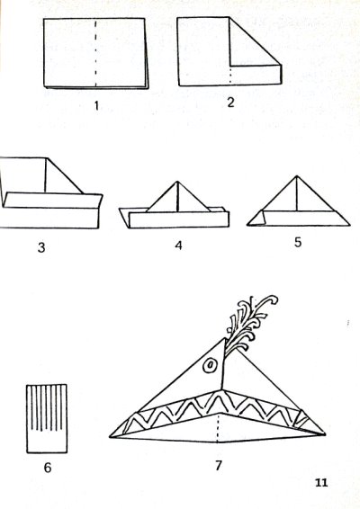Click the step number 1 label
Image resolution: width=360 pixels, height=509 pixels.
click(95, 106)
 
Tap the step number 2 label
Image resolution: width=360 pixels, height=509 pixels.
click(230, 103)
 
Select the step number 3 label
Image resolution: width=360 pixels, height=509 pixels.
click(41, 247)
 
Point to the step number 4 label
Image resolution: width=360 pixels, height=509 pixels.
click(178, 246)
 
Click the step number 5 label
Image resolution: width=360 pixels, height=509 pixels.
click(298, 242)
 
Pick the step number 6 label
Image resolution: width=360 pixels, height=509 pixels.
click(48, 468)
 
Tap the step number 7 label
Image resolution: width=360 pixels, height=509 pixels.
click(219, 466)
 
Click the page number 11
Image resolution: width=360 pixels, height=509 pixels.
click(321, 483)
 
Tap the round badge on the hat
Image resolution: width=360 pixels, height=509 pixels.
click(210, 365)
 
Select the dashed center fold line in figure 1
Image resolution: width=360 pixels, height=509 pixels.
click(95, 53)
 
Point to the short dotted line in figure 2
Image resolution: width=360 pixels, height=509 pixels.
click(230, 76)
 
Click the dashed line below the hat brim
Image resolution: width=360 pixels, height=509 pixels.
click(218, 428)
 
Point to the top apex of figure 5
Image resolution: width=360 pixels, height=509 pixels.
click(297, 176)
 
